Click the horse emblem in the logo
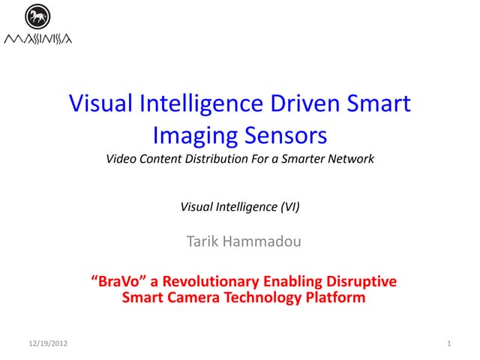[x=36, y=16]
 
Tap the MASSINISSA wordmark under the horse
[x=37, y=38]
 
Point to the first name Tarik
[x=202, y=241]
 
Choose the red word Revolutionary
[x=211, y=282]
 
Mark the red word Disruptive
[x=361, y=282]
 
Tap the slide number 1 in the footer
[x=448, y=343]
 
